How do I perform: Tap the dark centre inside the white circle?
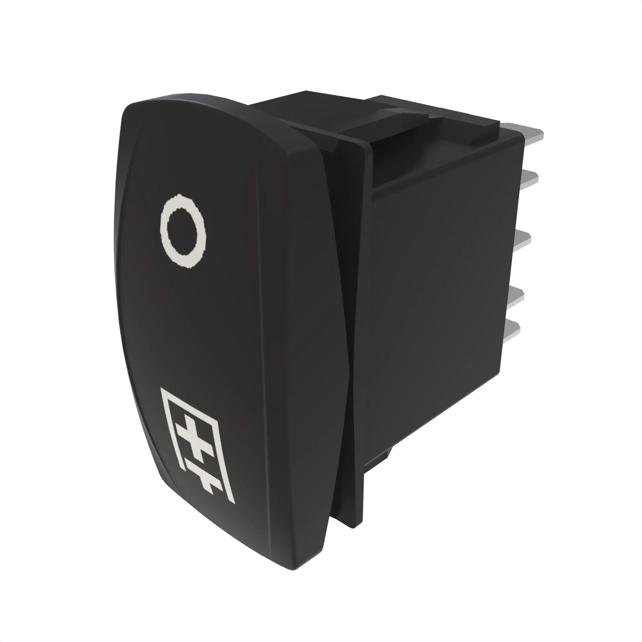(x=183, y=232)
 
